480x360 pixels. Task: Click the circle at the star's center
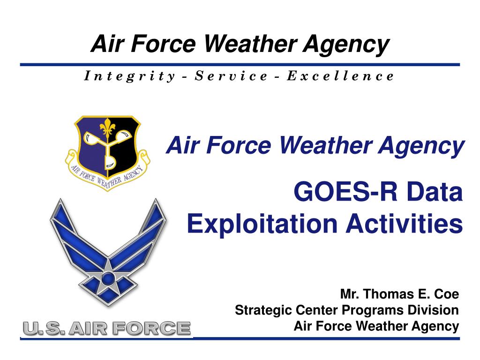108,279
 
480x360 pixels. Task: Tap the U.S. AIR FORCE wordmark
107,328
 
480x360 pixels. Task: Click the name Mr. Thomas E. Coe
399,294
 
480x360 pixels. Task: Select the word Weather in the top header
249,45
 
